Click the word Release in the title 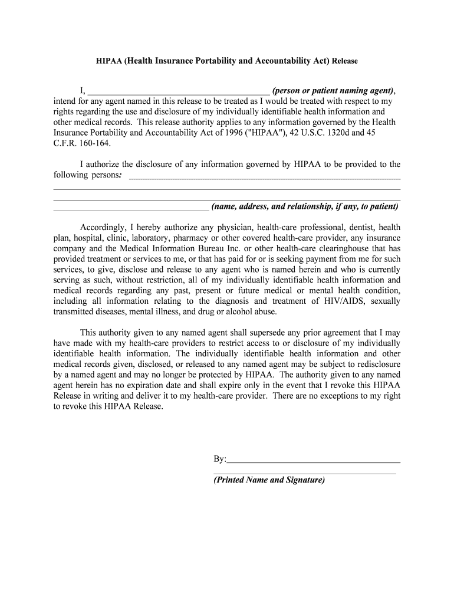345,61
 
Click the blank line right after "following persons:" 264,177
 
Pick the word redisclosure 375,365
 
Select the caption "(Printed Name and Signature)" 269,480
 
